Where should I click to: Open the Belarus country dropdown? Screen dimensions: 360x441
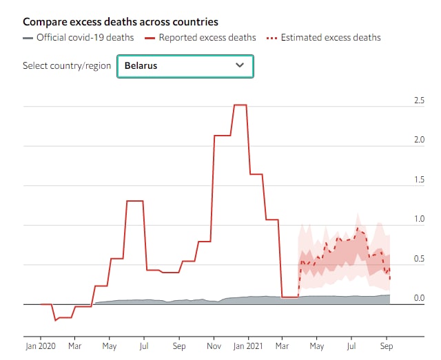click(185, 66)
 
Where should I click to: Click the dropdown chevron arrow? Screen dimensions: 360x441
click(240, 65)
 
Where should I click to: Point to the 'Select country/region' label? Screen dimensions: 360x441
click(67, 66)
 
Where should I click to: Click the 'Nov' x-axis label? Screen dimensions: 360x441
click(214, 346)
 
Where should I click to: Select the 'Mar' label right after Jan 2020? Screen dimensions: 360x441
click(74, 346)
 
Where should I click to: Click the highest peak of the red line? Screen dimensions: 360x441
click(240, 105)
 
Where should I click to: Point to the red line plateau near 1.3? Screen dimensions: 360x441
click(134, 201)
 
